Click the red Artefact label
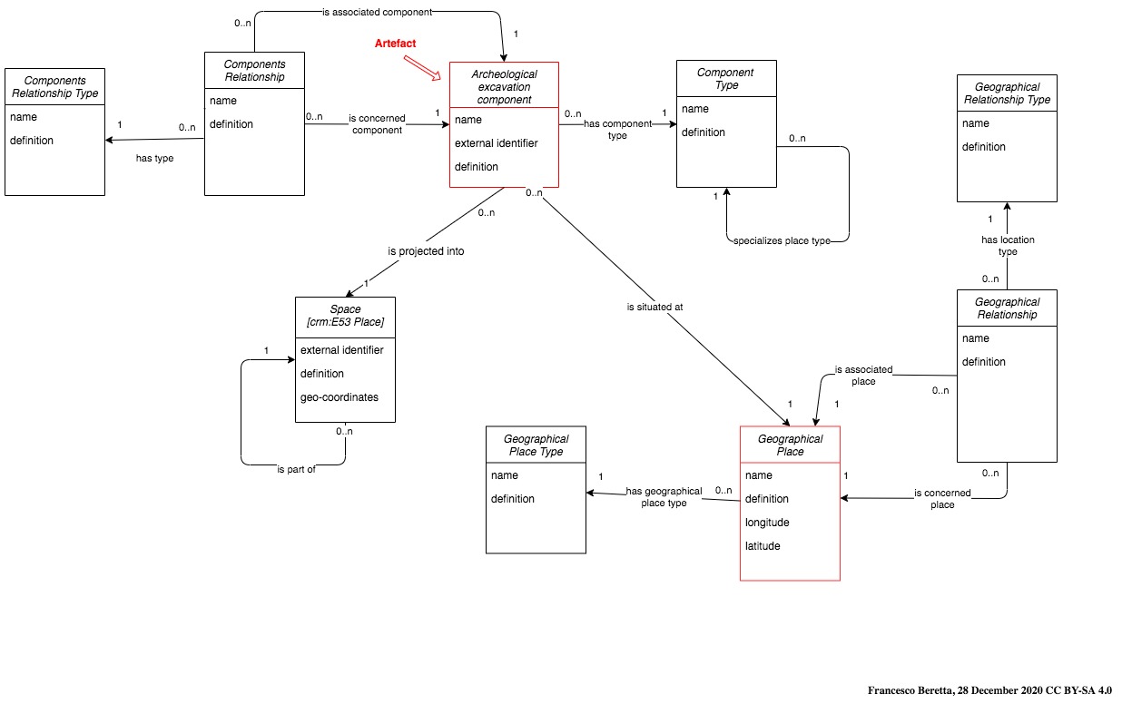396,44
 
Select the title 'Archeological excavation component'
504,86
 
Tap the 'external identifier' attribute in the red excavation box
496,143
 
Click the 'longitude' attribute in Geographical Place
767,523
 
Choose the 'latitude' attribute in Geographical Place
763,546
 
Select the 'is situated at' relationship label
654,307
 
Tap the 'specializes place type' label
782,240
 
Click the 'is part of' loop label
296,469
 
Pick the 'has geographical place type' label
664,497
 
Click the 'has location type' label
1008,246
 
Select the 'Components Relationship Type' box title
54,88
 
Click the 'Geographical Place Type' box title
536,445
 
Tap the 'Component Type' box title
726,79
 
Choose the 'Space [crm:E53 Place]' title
345,316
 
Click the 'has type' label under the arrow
154,158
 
